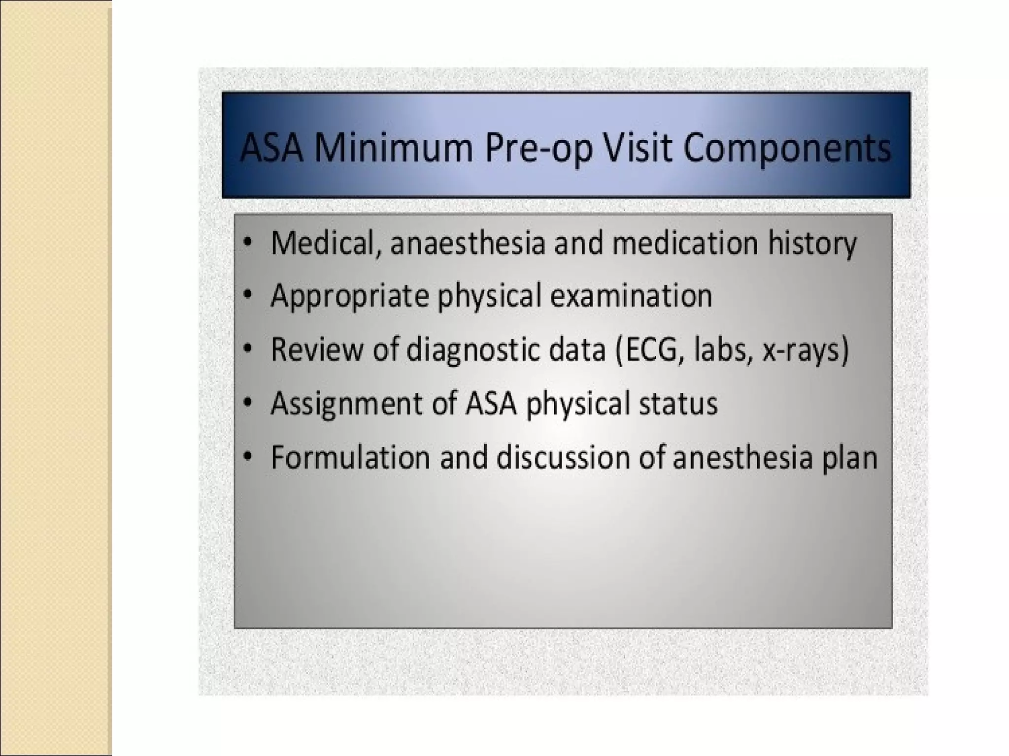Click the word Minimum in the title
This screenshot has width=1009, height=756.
[393, 147]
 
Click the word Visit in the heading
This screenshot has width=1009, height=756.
[638, 147]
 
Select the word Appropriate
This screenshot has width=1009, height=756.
[349, 297]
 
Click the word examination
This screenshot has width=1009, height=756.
[631, 296]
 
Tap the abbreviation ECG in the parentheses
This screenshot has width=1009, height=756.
[653, 350]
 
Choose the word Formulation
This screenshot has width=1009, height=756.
[350, 457]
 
